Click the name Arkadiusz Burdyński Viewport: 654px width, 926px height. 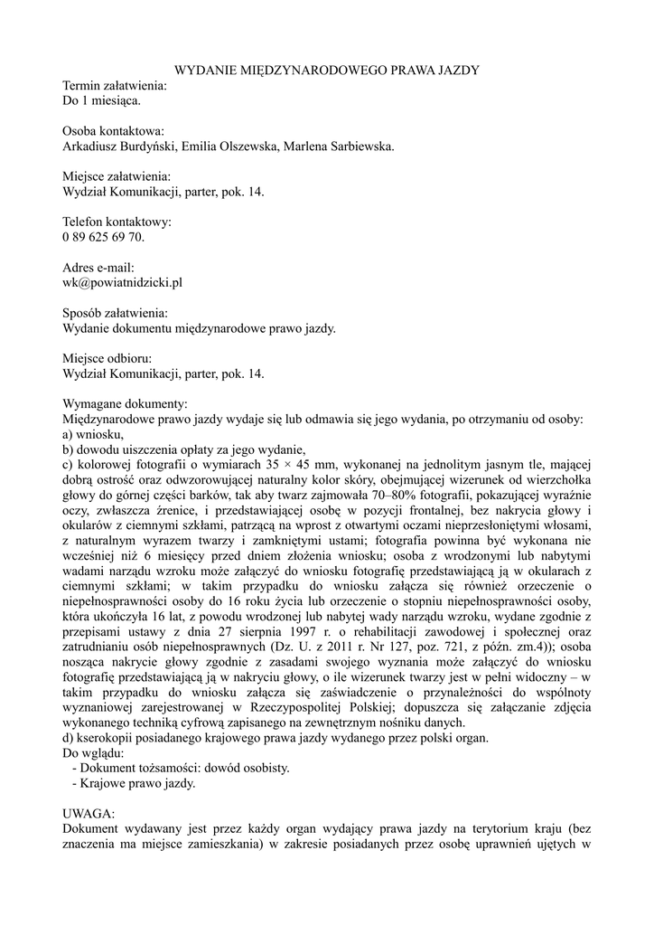(x=121, y=146)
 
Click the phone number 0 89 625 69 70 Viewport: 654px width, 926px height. (x=103, y=238)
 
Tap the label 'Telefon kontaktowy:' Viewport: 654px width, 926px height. (x=117, y=222)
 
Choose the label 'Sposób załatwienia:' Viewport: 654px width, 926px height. (x=115, y=314)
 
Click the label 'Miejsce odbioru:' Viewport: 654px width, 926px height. (x=107, y=360)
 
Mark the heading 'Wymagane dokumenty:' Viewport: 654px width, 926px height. (x=125, y=405)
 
